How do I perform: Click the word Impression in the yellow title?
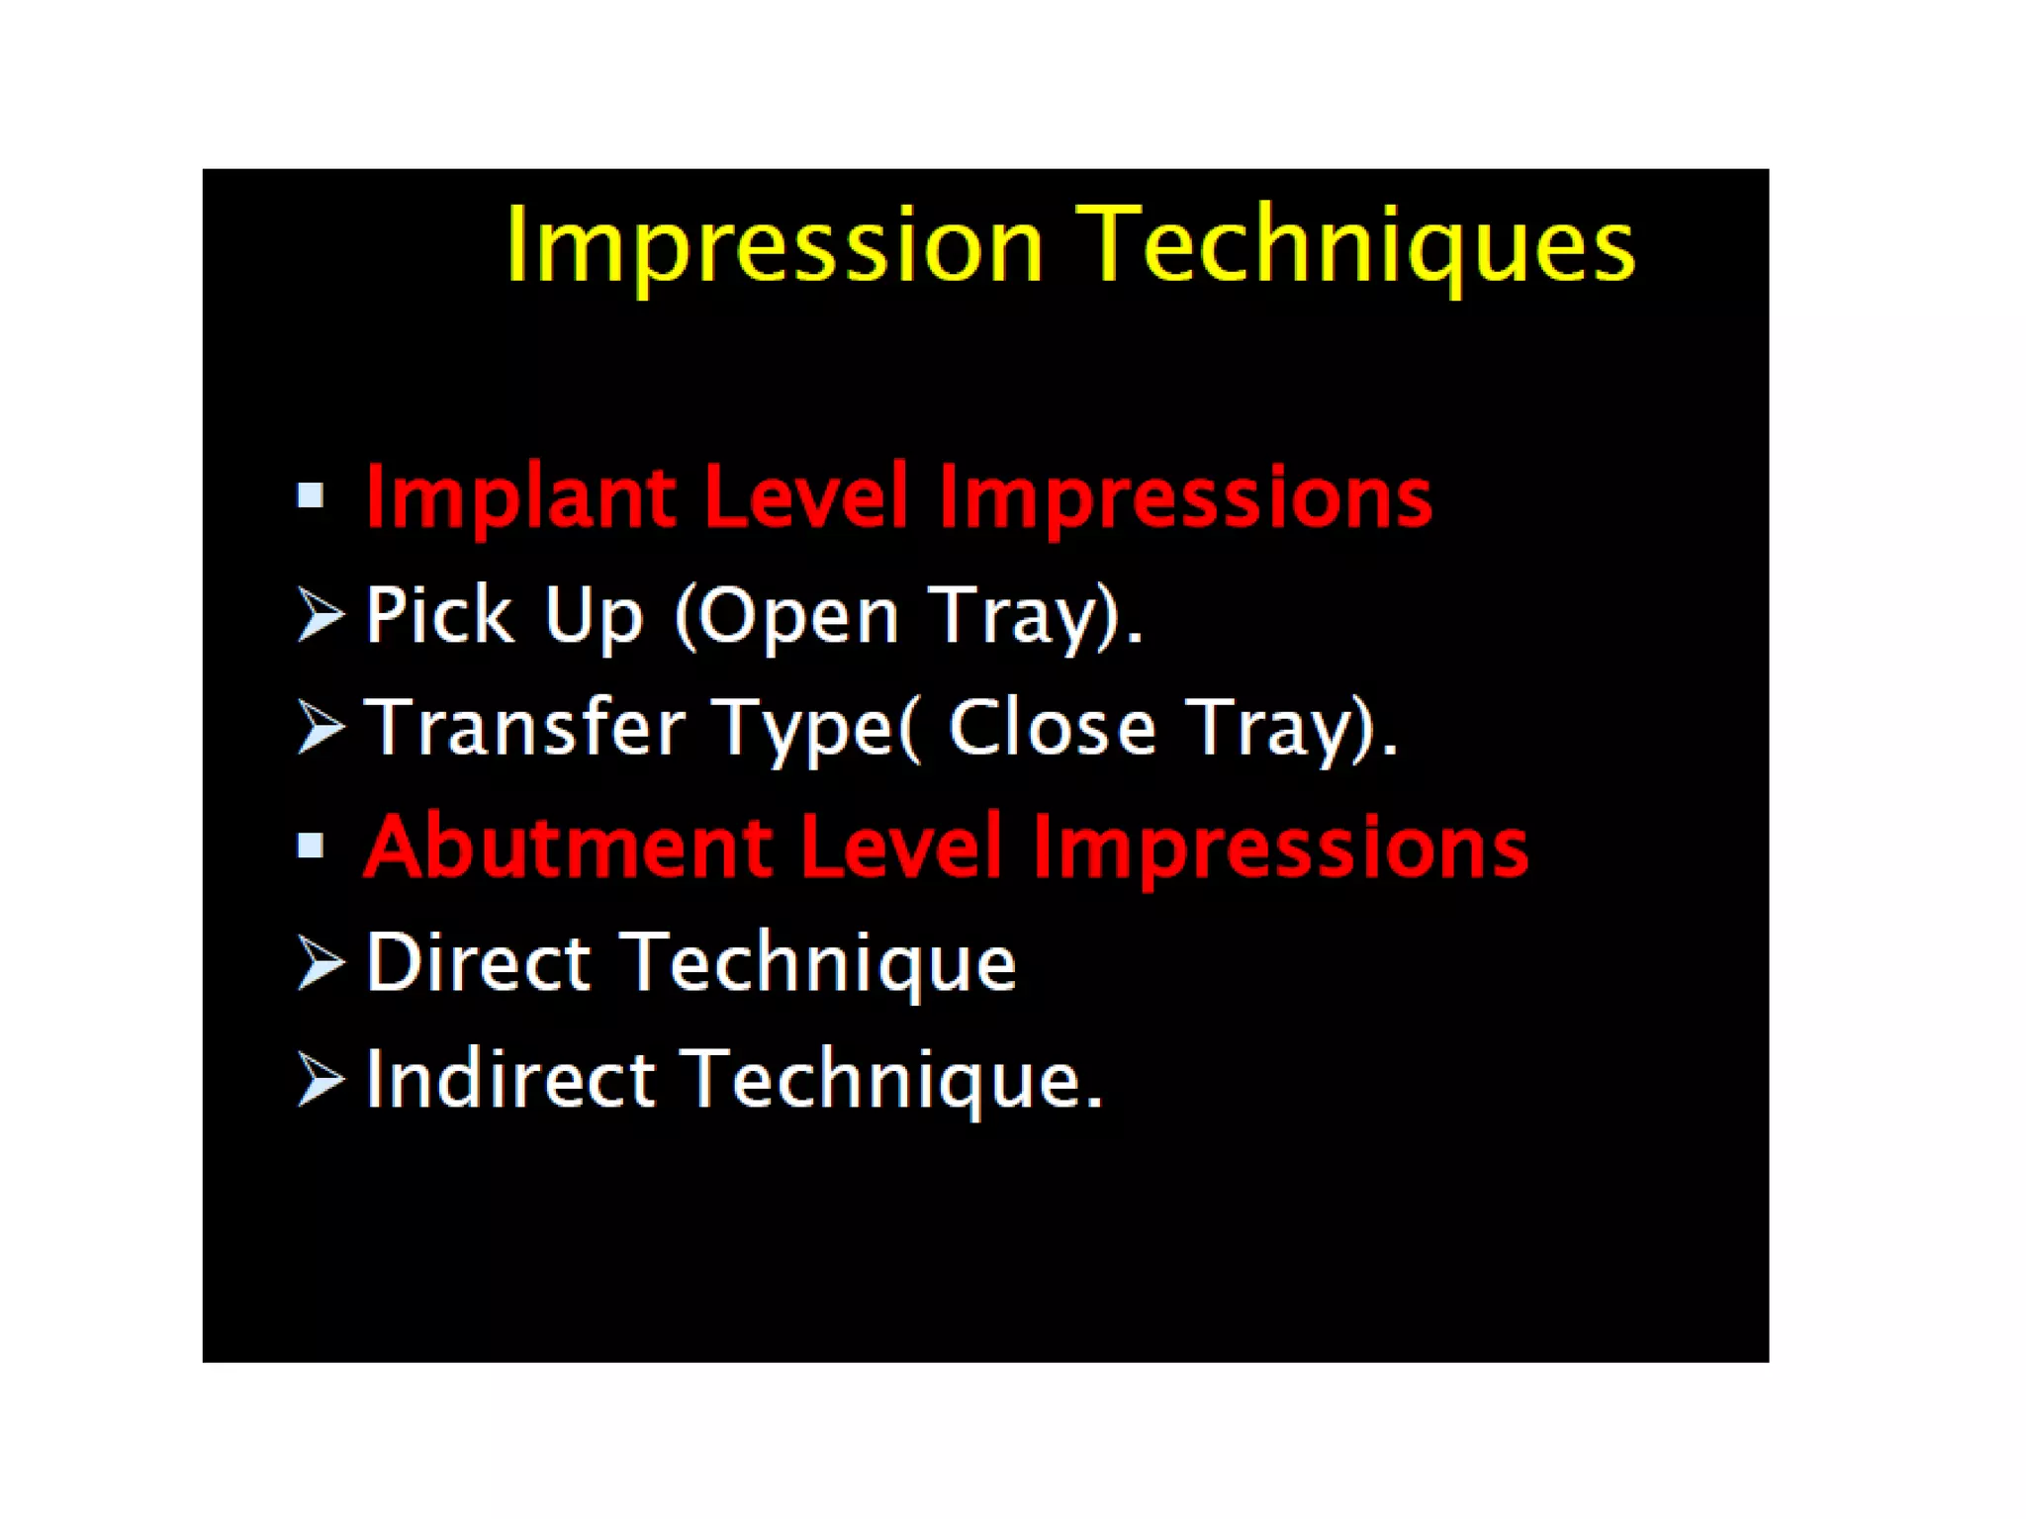click(x=775, y=245)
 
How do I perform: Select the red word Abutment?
click(x=568, y=848)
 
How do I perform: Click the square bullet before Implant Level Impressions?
click(x=311, y=495)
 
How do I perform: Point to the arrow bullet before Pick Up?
click(x=321, y=614)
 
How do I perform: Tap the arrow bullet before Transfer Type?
click(x=321, y=728)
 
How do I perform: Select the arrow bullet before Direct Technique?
click(x=321, y=962)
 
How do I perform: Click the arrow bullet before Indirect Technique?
click(x=321, y=1079)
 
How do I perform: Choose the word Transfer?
click(x=525, y=728)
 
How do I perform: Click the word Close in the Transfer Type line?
click(x=1052, y=728)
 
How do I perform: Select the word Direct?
click(x=479, y=962)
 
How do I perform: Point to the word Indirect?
click(x=510, y=1079)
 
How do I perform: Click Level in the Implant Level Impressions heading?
click(x=805, y=497)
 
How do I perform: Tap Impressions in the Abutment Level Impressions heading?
click(x=1280, y=848)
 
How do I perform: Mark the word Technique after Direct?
click(x=822, y=964)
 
